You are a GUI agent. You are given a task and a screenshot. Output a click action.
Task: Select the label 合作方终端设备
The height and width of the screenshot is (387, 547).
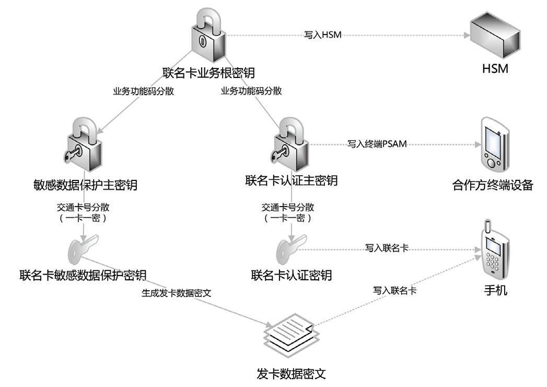tap(493, 185)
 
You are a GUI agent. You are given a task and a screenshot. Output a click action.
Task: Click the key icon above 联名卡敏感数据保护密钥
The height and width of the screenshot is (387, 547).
tap(83, 248)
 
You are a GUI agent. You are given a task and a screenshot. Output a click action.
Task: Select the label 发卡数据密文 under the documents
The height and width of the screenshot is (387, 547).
tap(292, 373)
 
